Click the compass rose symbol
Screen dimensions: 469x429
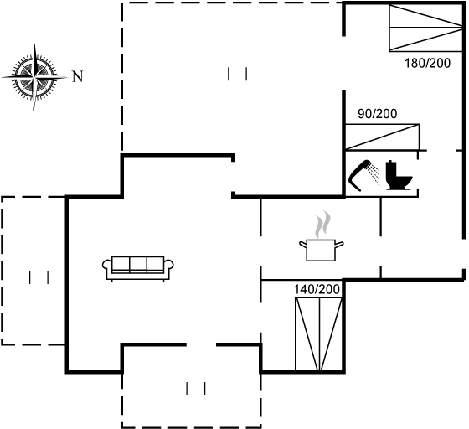tap(34, 77)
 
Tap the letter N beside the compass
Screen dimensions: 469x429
tap(78, 76)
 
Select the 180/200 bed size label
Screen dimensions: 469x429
tap(427, 63)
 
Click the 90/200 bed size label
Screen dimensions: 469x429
tap(377, 114)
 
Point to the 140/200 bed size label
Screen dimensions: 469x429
tap(317, 289)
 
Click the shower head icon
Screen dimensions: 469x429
tap(360, 175)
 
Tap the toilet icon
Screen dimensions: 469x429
tap(399, 175)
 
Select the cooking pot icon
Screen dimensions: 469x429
tap(322, 250)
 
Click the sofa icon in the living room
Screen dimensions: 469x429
tap(138, 268)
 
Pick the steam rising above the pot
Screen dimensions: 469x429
tap(322, 225)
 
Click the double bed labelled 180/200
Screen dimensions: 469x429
tap(426, 28)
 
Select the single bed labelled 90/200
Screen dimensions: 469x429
tap(382, 137)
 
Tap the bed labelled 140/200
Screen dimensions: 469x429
tap(319, 334)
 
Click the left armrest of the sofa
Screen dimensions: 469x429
tap(107, 266)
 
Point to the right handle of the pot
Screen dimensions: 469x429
tap(339, 244)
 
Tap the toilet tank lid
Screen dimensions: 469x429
tap(391, 162)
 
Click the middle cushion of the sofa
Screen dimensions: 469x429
tap(138, 264)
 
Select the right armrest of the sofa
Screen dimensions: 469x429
tap(169, 266)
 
